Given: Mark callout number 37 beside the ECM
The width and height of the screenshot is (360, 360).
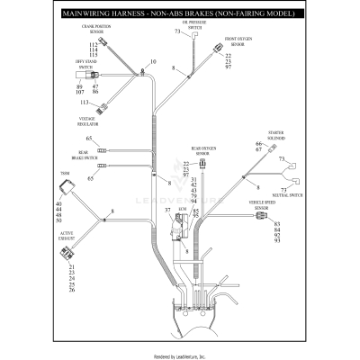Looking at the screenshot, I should (166, 210).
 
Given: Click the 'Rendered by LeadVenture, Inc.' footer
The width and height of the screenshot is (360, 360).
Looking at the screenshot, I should (180, 355).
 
